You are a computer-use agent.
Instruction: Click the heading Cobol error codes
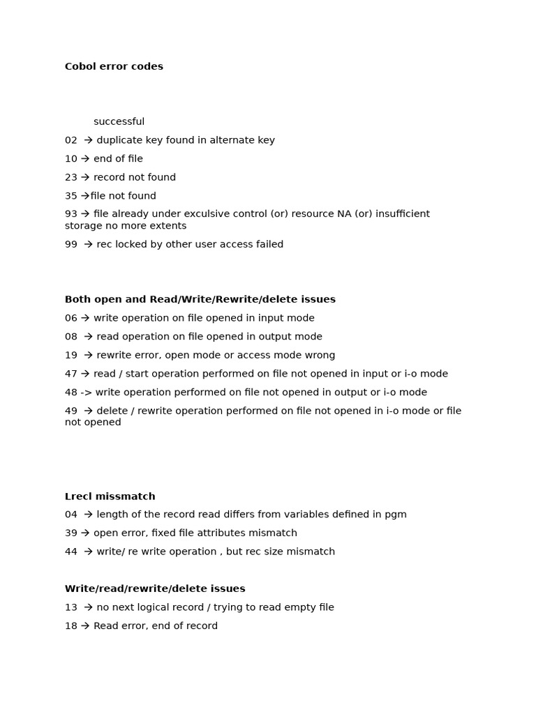(x=114, y=67)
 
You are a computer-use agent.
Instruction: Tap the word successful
(x=119, y=122)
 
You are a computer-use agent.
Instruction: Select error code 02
(x=71, y=141)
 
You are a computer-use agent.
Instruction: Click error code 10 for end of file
(x=71, y=159)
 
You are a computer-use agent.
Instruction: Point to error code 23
(x=71, y=178)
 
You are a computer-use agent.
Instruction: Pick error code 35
(x=71, y=196)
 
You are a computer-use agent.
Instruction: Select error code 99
(x=71, y=245)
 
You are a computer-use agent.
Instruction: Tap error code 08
(x=71, y=337)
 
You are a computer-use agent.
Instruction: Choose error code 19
(x=71, y=356)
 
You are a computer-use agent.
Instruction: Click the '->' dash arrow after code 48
(x=87, y=393)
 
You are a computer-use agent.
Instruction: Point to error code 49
(x=71, y=411)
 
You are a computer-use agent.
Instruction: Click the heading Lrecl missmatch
(x=110, y=496)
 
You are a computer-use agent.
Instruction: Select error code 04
(x=71, y=515)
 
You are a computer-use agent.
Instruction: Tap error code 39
(x=71, y=533)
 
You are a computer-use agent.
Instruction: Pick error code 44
(x=71, y=552)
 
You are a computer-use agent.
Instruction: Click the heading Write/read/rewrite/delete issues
(x=155, y=589)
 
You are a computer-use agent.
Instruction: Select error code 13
(x=71, y=607)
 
